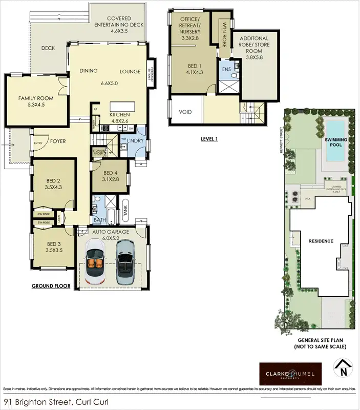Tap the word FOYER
pyautogui.click(x=57, y=141)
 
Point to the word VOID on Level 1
pyautogui.click(x=185, y=113)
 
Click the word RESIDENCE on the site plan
pyautogui.click(x=320, y=241)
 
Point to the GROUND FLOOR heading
pyautogui.click(x=51, y=286)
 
